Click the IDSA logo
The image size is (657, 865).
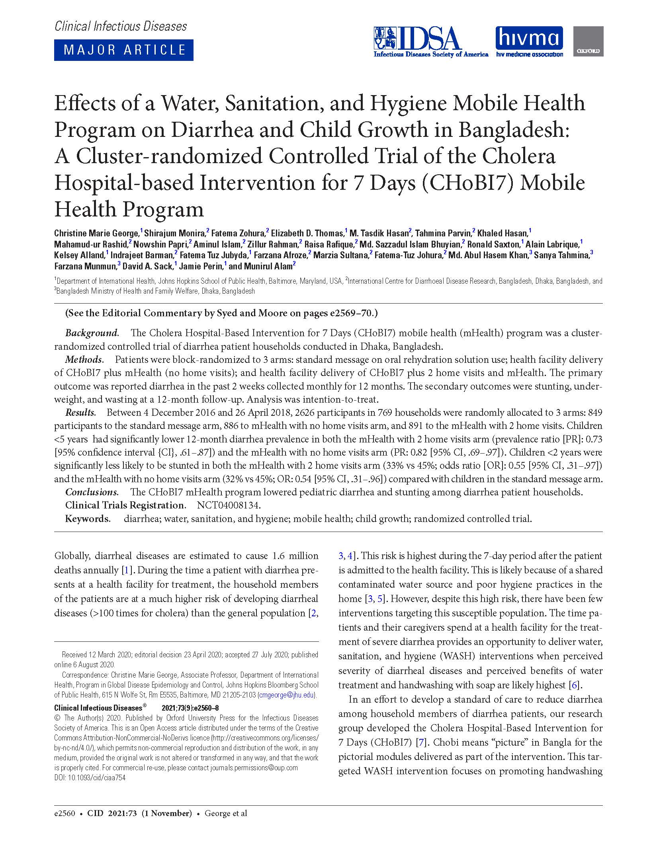(x=430, y=42)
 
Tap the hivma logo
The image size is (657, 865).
(x=529, y=41)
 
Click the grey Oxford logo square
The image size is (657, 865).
(x=588, y=41)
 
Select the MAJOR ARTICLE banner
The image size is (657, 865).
(x=124, y=50)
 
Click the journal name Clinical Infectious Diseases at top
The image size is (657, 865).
(x=121, y=26)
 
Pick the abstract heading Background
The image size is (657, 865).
(x=92, y=333)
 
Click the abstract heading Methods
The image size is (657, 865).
(x=84, y=359)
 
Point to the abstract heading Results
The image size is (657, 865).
(x=80, y=413)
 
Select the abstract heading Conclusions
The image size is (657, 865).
(x=92, y=492)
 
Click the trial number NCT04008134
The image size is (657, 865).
(x=229, y=505)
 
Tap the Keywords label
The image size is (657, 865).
(x=87, y=519)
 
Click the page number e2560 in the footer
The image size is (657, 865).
(x=65, y=813)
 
